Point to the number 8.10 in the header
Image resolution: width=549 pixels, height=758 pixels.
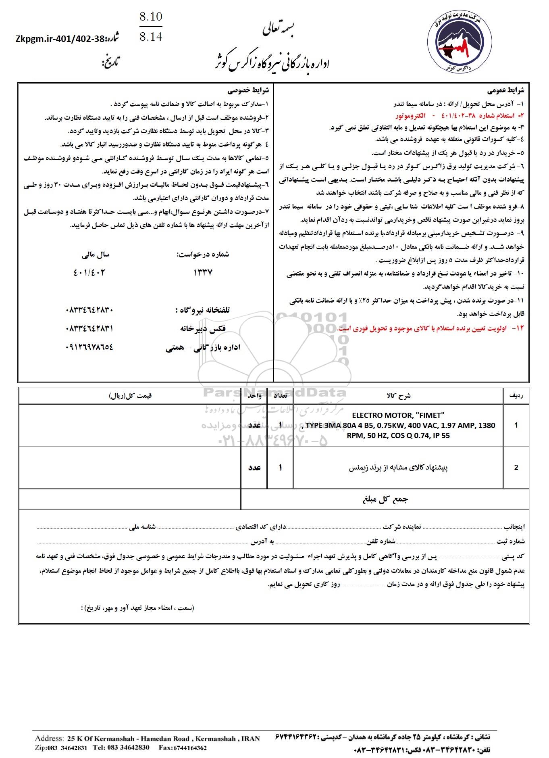pyautogui.click(x=150, y=17)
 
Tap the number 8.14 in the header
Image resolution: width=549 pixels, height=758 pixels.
pyautogui.click(x=150, y=38)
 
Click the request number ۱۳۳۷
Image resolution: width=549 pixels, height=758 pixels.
pyautogui.click(x=203, y=272)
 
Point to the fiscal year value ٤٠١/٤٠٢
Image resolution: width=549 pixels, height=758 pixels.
pyautogui.click(x=89, y=272)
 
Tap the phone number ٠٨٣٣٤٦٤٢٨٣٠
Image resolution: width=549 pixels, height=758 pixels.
pyautogui.click(x=89, y=310)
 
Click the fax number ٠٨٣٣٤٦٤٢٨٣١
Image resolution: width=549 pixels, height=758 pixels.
pyautogui.click(x=89, y=329)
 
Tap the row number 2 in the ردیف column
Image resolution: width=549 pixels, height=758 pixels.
pyautogui.click(x=516, y=468)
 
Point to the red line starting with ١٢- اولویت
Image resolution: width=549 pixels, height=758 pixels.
pyautogui.click(x=431, y=328)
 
